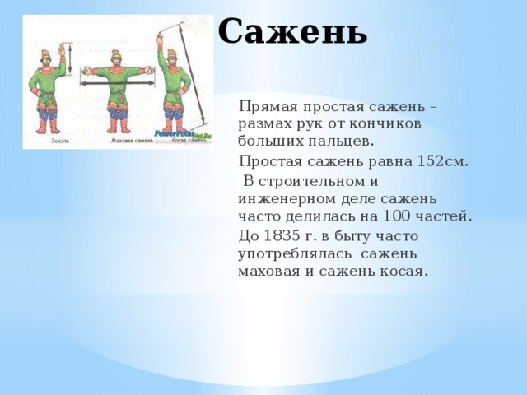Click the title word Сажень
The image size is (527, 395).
(x=292, y=32)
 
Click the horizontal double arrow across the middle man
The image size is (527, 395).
(x=118, y=83)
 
